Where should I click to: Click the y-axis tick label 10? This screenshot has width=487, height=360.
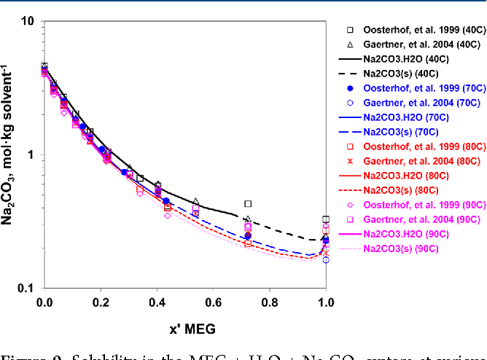pyautogui.click(x=27, y=21)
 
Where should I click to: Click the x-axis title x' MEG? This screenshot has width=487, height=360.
pyautogui.click(x=185, y=329)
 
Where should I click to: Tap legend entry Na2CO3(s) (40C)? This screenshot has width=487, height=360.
pyautogui.click(x=400, y=74)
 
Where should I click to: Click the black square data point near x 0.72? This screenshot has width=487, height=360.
pyautogui.click(x=248, y=204)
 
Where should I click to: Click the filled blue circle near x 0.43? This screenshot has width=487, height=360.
pyautogui.click(x=166, y=201)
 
